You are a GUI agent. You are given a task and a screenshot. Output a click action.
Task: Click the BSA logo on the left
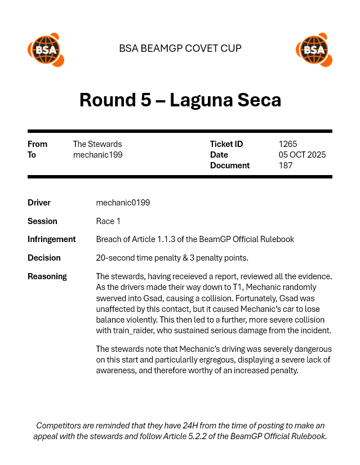[45, 50]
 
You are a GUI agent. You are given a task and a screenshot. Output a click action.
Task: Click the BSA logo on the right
[313, 50]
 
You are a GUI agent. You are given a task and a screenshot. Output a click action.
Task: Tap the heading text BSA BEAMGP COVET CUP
[180, 48]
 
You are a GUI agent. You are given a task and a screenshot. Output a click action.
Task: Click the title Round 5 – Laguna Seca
[180, 100]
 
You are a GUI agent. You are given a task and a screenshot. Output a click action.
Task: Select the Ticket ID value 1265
[288, 144]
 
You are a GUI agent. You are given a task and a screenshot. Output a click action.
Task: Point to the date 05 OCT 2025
[302, 155]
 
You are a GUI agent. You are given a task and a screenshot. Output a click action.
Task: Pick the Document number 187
[286, 166]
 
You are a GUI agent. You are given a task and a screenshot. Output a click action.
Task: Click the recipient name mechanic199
[97, 155]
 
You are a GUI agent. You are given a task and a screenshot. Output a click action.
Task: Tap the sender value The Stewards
[97, 144]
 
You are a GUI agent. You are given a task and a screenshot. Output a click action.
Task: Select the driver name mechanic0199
[123, 203]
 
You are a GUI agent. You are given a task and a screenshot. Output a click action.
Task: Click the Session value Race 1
[108, 221]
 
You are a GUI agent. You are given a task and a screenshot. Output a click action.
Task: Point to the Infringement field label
[51, 239]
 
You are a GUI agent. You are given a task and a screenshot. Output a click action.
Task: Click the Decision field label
[44, 258]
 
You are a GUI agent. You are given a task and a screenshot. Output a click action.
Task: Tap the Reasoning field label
[47, 276]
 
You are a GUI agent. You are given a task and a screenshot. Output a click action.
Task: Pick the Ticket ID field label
[226, 144]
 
